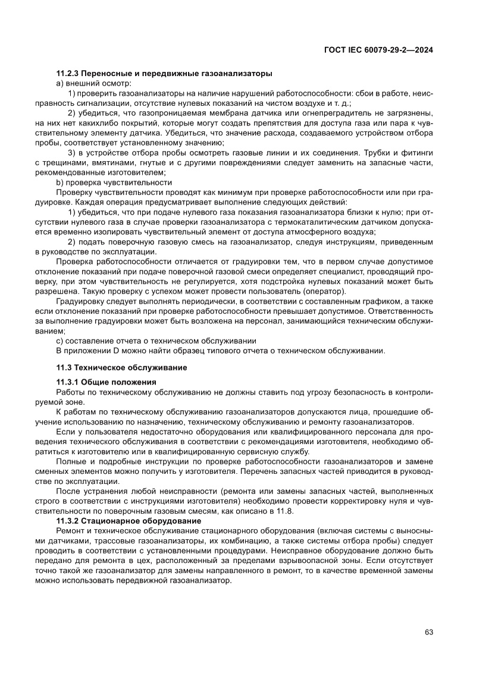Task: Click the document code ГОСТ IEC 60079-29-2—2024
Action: pyautogui.click(x=378, y=51)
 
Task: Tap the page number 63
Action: pyautogui.click(x=428, y=632)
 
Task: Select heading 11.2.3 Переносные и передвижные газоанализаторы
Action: pyautogui.click(x=164, y=74)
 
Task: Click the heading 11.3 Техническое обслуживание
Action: pyautogui.click(x=121, y=368)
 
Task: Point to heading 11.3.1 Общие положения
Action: pyautogui.click(x=106, y=383)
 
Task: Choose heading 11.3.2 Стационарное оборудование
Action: pyautogui.click(x=127, y=522)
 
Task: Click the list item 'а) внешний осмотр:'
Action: pyautogui.click(x=89, y=83)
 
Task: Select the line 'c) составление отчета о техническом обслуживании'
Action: pyautogui.click(x=156, y=341)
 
